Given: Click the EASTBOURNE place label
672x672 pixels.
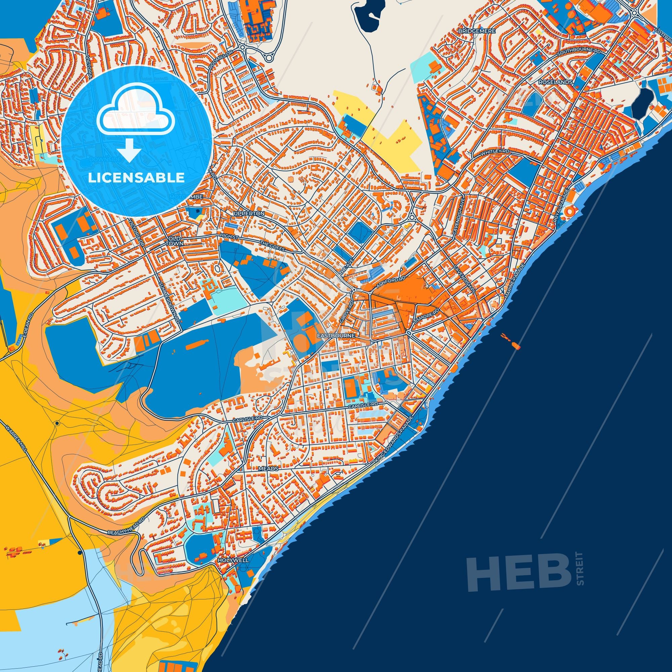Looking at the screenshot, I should point(336,335).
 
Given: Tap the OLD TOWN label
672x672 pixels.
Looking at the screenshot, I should point(174,241).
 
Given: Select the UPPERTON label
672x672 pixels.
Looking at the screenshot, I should point(249,213).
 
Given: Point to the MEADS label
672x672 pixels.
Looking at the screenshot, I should point(268,468).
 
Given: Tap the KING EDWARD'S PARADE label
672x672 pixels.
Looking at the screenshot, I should point(394,441).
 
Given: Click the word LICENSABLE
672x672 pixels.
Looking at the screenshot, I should point(136,178).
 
